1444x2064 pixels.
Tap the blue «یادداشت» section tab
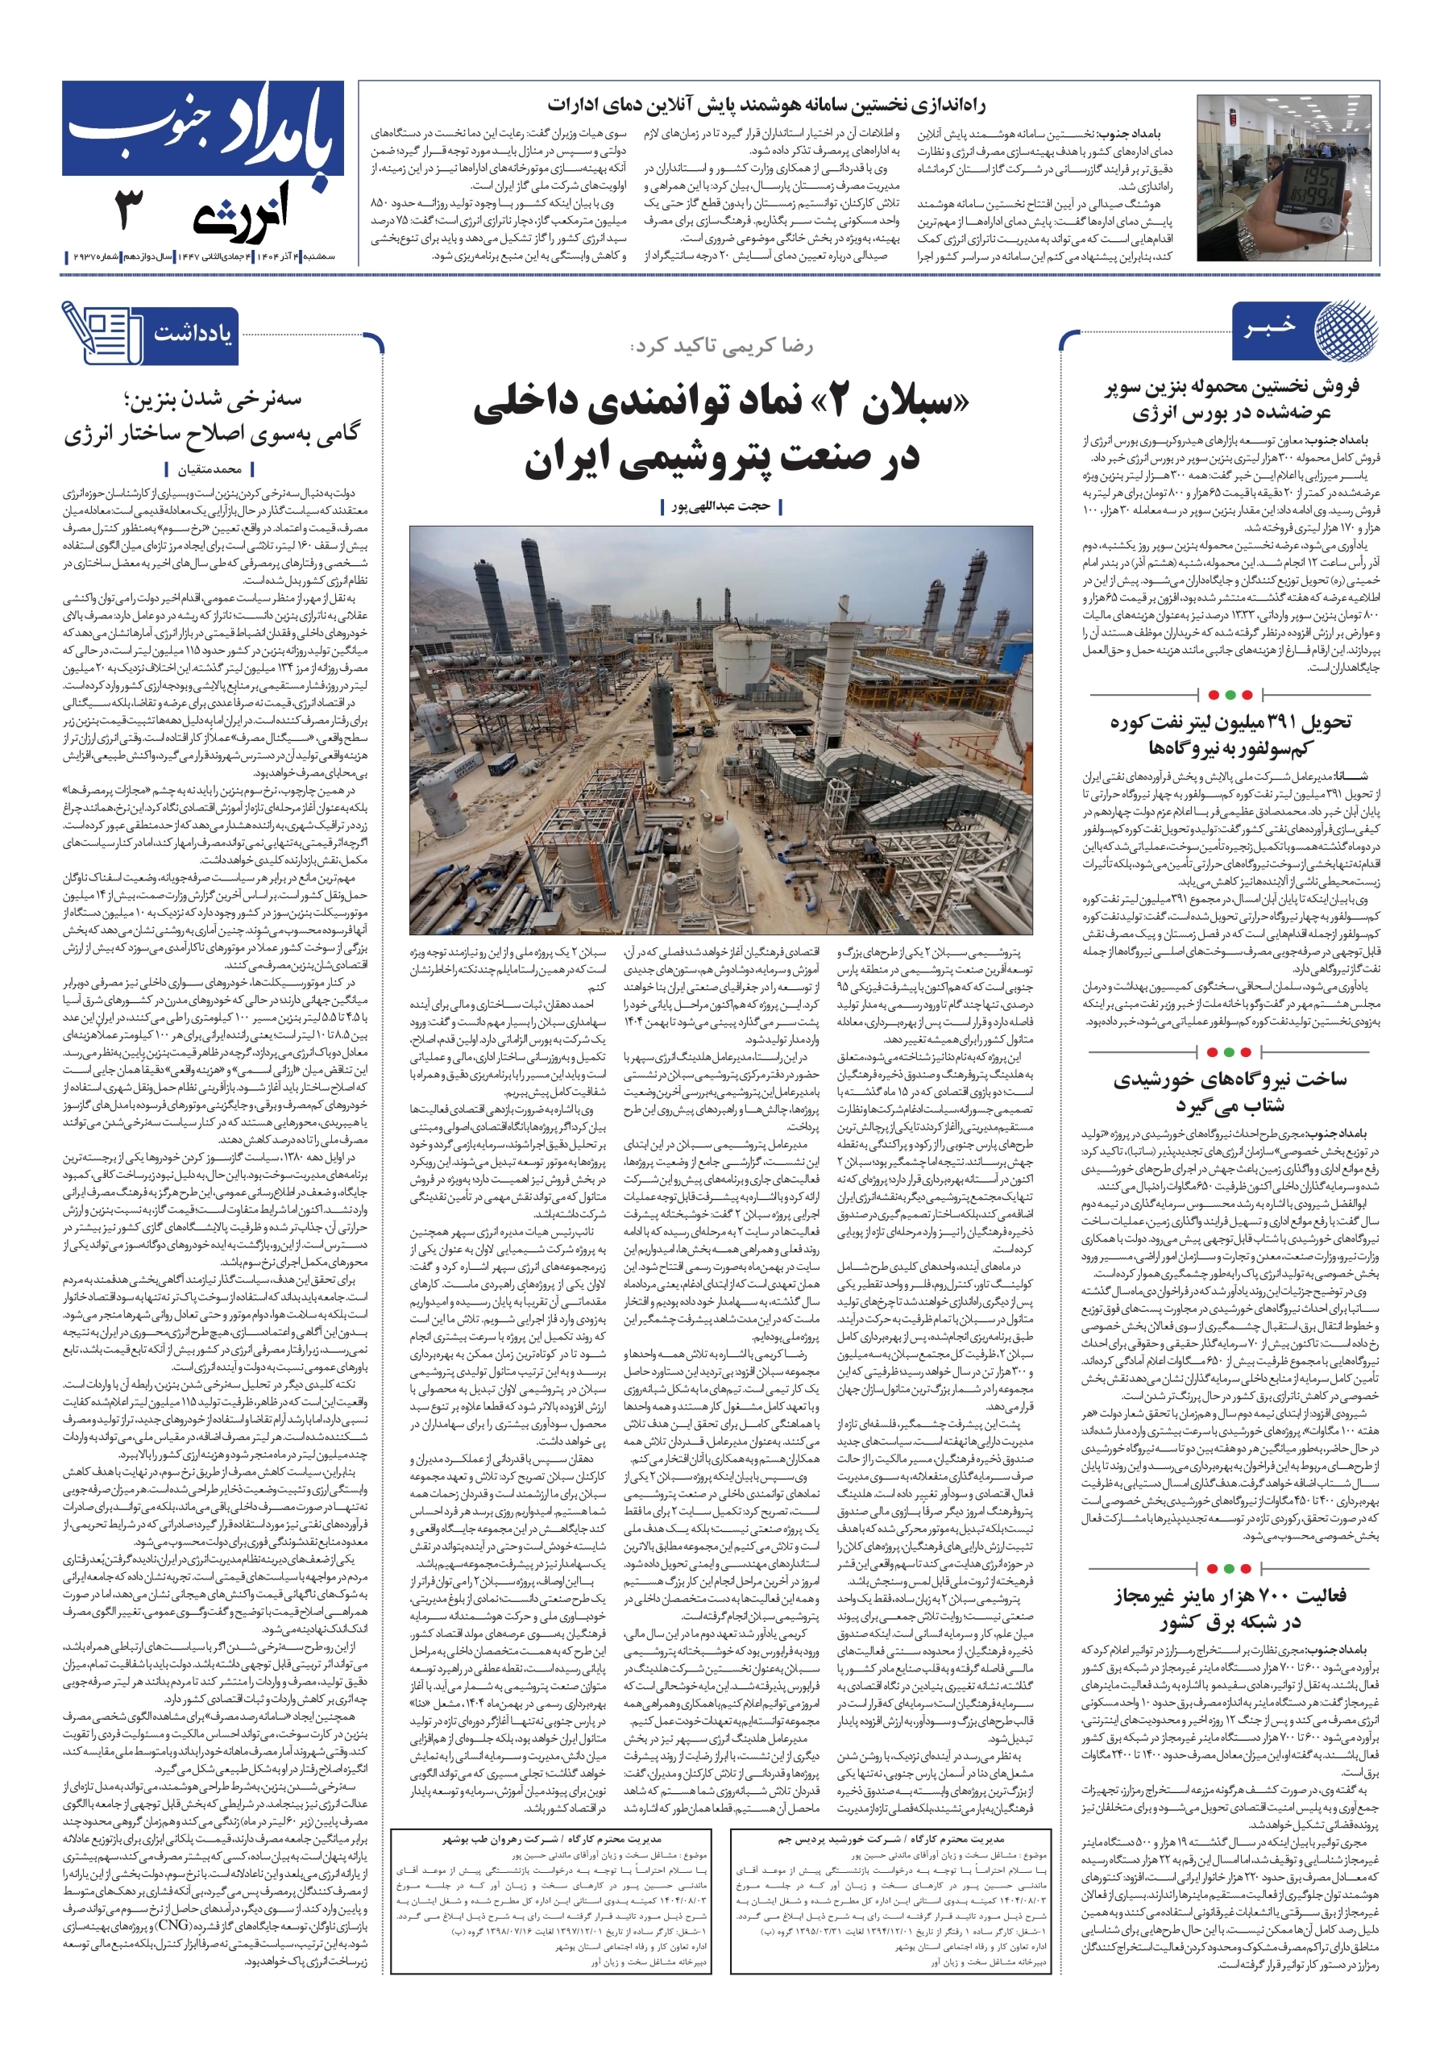tap(192, 333)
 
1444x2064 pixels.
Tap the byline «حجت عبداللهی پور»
tap(720, 506)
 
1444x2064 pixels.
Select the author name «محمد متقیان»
tap(210, 469)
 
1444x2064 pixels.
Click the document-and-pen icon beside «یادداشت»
tap(102, 333)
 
